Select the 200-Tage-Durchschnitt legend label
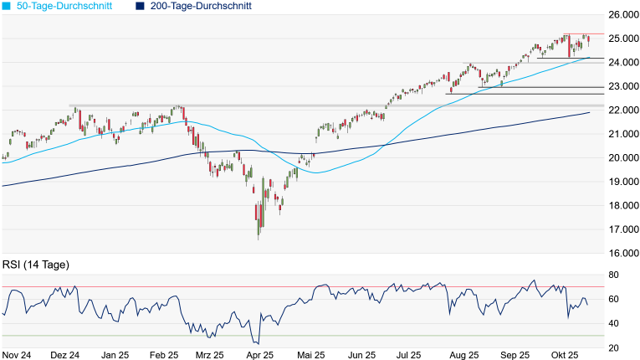point(201,6)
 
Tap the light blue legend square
point(7,6)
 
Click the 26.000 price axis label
point(624,15)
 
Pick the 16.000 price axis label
point(624,254)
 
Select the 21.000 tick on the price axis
point(624,134)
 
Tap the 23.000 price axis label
point(624,86)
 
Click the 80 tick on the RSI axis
point(613,275)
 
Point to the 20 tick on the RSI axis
point(613,347)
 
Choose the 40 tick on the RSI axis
point(613,323)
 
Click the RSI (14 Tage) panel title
point(35,265)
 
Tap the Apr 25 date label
point(260,354)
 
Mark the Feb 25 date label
point(165,354)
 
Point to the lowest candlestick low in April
point(258,239)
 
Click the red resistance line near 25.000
point(577,34)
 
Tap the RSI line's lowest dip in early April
point(257,343)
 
